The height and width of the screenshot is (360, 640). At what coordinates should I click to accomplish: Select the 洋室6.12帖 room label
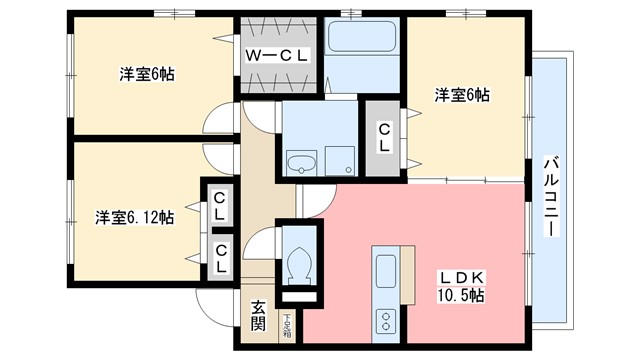pos(135,217)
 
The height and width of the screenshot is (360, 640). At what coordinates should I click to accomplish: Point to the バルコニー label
pos(551,194)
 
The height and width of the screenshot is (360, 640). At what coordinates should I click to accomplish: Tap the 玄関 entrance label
pos(257,315)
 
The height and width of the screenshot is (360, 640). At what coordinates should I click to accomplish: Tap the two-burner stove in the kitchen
pos(386,319)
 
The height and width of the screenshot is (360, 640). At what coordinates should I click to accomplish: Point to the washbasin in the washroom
pos(300,161)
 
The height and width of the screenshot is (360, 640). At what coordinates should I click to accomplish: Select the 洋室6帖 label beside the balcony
pos(462,96)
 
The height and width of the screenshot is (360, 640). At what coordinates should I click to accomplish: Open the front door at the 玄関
pos(212,305)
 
